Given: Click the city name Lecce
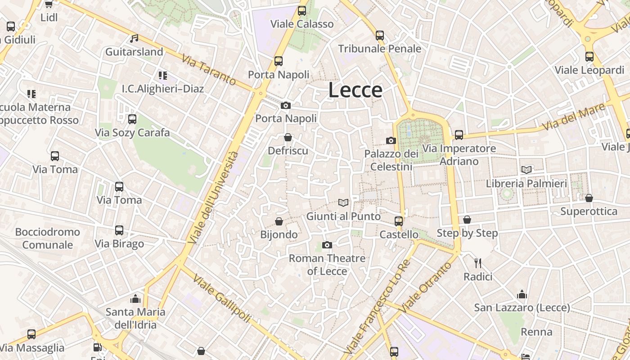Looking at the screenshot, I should click(355, 90).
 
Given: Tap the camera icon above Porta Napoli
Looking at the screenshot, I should click(285, 106).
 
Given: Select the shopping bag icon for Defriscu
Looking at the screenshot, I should click(288, 137).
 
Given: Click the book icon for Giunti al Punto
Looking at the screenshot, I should click(343, 203).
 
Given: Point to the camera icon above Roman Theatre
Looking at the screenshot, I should click(327, 245).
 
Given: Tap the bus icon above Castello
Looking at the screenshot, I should click(399, 221).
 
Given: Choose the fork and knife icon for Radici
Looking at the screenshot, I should click(478, 263).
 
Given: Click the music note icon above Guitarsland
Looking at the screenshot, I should click(134, 39).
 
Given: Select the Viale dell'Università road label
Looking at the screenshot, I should click(214, 198).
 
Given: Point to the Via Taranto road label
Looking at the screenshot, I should click(209, 70).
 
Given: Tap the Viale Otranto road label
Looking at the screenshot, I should click(425, 288).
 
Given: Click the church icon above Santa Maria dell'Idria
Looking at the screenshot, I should click(135, 299).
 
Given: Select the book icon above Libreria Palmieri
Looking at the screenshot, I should click(526, 170).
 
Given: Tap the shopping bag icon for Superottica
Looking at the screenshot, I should click(589, 198).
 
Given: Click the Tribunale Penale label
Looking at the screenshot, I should click(379, 49).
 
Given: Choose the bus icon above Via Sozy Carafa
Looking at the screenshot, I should click(132, 119).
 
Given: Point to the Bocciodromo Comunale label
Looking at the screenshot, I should click(47, 238).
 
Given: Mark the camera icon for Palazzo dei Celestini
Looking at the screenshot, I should click(391, 141).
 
